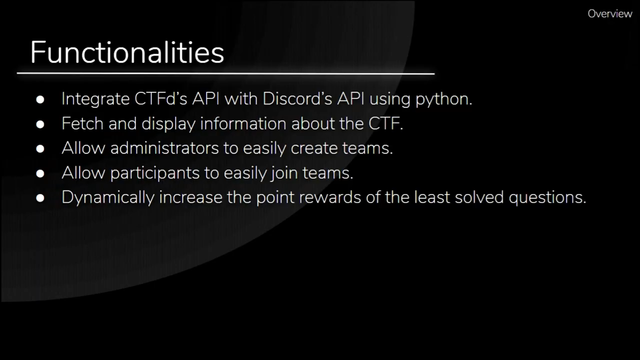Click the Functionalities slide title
[127, 52]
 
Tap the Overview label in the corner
[609, 14]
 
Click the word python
[443, 99]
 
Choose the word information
[243, 123]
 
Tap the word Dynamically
[107, 197]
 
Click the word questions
[547, 197]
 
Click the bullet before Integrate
[40, 99]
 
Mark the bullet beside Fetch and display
[40, 124]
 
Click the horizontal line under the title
[225, 73]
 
